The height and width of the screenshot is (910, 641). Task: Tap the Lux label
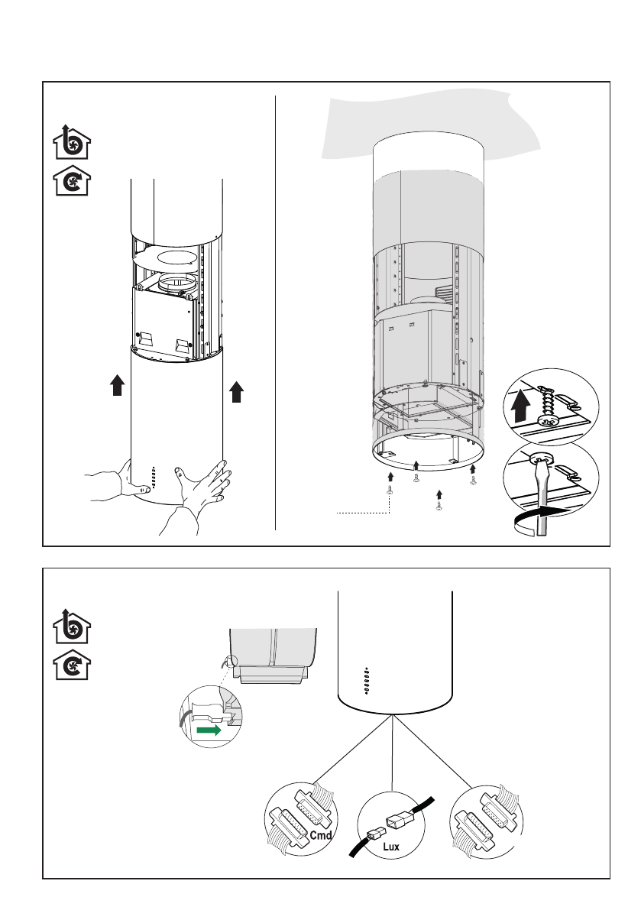pyautogui.click(x=392, y=847)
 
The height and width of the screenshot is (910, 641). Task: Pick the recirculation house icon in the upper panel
pyautogui.click(x=71, y=183)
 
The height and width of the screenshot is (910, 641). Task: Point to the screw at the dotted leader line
pyautogui.click(x=390, y=493)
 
